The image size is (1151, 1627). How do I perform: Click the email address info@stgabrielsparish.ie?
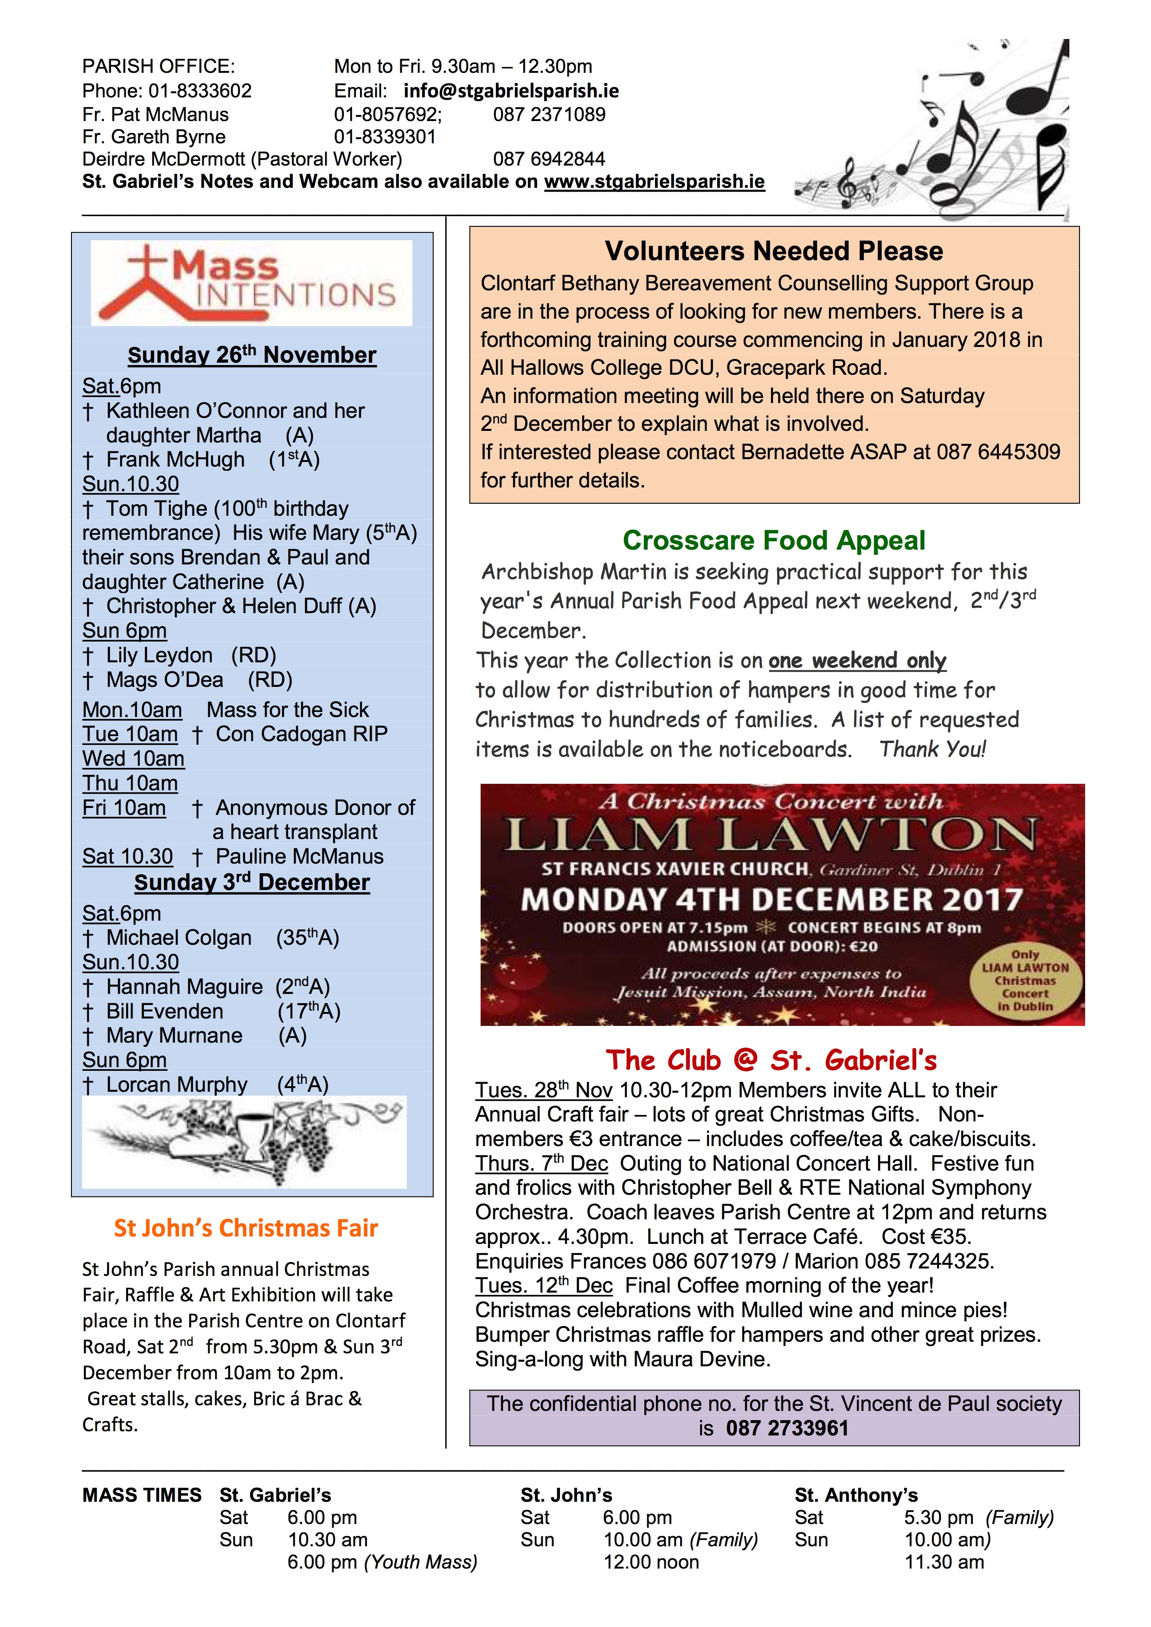click(511, 91)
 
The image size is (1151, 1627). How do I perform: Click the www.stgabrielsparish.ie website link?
click(654, 182)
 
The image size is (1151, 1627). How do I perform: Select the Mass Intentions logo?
click(251, 283)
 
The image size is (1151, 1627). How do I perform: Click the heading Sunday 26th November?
click(251, 355)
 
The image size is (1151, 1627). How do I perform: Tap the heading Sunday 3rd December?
click(251, 882)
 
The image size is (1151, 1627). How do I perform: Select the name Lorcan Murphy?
click(176, 1085)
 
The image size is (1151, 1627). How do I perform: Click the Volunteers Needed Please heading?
click(773, 251)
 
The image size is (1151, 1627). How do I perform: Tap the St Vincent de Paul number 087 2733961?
click(787, 1428)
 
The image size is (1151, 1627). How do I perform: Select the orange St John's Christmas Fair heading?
click(246, 1228)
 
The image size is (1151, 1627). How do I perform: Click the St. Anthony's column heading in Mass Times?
click(855, 1495)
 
